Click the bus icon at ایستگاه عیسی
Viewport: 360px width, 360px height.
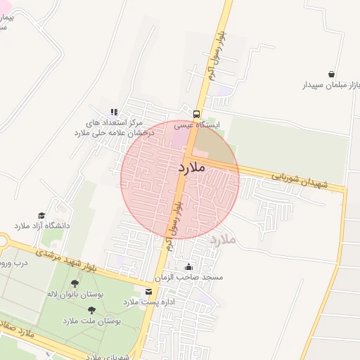tap(195, 114)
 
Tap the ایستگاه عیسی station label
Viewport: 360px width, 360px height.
tap(198, 125)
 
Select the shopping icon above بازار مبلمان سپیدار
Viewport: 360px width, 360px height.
tap(331, 74)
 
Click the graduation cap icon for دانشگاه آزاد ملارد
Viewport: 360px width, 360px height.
tap(41, 215)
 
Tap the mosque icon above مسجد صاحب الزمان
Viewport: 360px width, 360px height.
tap(188, 267)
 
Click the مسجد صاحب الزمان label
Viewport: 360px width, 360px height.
tap(193, 278)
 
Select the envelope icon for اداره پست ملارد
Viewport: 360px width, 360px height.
tap(148, 291)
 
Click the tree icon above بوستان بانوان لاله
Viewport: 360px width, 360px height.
tap(75, 283)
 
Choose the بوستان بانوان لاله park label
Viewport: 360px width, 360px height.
tap(75, 294)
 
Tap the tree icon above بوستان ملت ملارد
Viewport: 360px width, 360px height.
tap(91, 309)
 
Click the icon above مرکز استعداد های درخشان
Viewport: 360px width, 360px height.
tap(113, 111)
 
